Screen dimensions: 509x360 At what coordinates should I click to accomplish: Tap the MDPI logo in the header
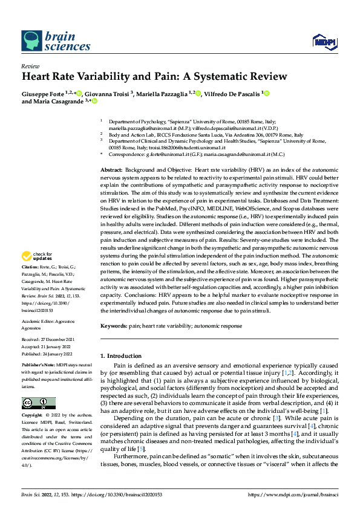322,41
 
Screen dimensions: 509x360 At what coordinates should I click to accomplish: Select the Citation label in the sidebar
31,283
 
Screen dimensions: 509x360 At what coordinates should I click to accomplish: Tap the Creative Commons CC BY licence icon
39,403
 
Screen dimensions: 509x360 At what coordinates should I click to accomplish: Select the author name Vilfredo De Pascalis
227,94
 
